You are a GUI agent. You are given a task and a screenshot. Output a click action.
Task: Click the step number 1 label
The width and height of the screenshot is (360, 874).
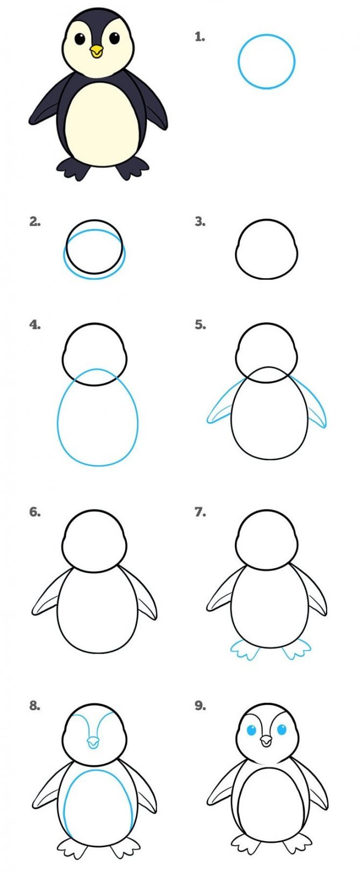pos(200,37)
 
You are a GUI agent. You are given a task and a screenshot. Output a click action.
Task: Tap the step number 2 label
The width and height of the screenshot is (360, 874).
pos(35,222)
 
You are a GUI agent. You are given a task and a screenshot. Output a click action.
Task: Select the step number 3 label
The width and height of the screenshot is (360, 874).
pos(200,222)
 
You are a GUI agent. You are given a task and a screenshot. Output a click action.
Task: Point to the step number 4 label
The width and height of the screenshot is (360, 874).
pos(35,324)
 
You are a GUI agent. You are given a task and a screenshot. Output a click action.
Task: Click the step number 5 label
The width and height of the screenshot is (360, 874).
pos(200,324)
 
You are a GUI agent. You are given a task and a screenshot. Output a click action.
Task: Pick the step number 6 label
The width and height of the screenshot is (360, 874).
pos(35,512)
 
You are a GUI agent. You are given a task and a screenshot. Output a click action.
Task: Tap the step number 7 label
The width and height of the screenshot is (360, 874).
pos(200,512)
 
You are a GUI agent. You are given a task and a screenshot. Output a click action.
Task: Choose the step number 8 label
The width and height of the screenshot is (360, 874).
pos(35,705)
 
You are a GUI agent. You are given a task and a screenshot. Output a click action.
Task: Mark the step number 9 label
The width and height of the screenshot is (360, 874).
pos(200,705)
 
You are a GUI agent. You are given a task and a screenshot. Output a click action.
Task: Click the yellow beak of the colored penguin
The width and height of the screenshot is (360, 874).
pos(96,51)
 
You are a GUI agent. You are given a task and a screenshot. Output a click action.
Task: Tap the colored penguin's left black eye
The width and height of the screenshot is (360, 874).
pos(80,39)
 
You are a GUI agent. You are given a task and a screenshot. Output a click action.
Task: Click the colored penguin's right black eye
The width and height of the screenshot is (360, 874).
pos(114,38)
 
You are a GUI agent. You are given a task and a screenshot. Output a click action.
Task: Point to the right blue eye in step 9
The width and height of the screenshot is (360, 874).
pos(282,729)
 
